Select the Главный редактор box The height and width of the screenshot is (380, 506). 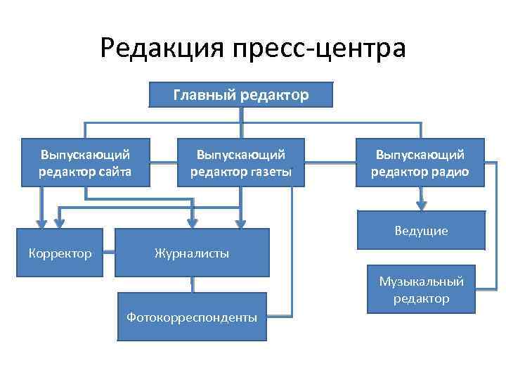click(x=240, y=95)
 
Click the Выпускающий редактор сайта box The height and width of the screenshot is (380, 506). click(x=85, y=163)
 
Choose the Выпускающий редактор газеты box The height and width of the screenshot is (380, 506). click(x=240, y=163)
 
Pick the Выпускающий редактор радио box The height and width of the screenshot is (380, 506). click(x=420, y=163)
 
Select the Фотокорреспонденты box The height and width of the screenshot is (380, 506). click(x=191, y=317)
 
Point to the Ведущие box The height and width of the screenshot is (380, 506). click(x=420, y=230)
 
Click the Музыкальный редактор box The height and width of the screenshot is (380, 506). click(x=421, y=289)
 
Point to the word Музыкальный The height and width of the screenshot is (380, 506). click(x=421, y=281)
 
